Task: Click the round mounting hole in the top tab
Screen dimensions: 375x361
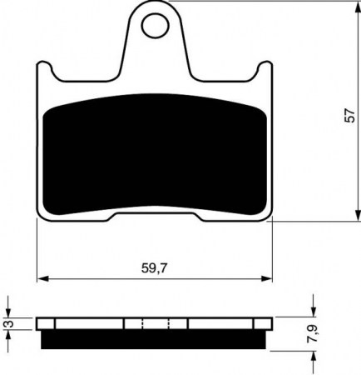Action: point(156,27)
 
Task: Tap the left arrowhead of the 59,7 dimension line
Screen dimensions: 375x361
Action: point(42,277)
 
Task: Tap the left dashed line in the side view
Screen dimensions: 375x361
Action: point(143,323)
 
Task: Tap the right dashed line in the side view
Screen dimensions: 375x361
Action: point(169,323)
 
